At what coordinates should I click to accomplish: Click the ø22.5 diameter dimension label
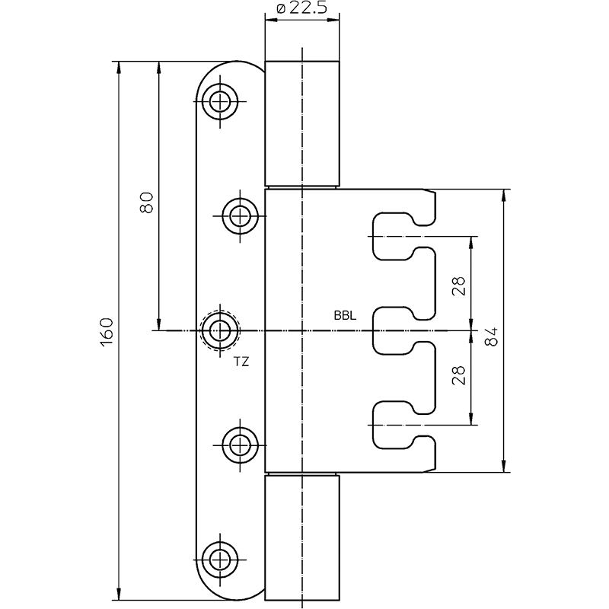pyautogui.click(x=301, y=8)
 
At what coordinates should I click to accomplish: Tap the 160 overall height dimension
pyautogui.click(x=107, y=333)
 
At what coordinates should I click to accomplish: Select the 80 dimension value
pyautogui.click(x=146, y=202)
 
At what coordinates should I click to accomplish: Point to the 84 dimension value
pyautogui.click(x=491, y=336)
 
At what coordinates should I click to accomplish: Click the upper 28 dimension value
pyautogui.click(x=459, y=286)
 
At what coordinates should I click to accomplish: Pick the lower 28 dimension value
pyautogui.click(x=459, y=375)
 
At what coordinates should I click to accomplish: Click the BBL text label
pyautogui.click(x=345, y=316)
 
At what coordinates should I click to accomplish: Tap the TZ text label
pyautogui.click(x=241, y=362)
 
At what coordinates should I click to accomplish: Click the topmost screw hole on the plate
pyautogui.click(x=220, y=102)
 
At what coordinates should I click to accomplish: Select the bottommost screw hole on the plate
pyautogui.click(x=220, y=560)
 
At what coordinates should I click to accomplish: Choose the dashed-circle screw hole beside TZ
pyautogui.click(x=220, y=331)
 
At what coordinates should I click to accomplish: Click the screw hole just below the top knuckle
pyautogui.click(x=240, y=216)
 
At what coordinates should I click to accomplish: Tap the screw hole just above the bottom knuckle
pyautogui.click(x=240, y=445)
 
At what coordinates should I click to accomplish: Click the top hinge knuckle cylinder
pyautogui.click(x=301, y=123)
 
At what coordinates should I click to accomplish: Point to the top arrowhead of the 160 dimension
pyautogui.click(x=119, y=67)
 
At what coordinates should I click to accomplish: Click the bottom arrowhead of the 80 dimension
pyautogui.click(x=158, y=325)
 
